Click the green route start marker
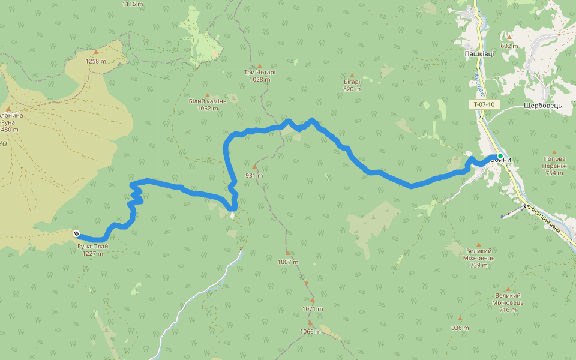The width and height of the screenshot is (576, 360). click(x=500, y=156)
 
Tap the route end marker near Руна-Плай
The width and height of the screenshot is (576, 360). click(x=76, y=233)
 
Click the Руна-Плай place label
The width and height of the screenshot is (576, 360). click(x=93, y=246)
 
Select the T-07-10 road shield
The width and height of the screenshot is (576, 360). click(x=484, y=104)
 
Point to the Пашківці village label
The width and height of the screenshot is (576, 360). click(x=479, y=54)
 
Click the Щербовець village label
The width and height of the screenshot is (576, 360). click(x=542, y=105)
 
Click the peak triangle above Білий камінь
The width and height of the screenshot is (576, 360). click(x=208, y=95)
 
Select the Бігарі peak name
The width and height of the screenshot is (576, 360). click(x=352, y=82)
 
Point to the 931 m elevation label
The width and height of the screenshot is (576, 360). click(x=254, y=176)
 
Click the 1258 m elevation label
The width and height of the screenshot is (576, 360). click(x=95, y=61)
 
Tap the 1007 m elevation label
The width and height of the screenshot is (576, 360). click(x=288, y=262)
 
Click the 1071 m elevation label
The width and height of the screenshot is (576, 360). click(x=313, y=309)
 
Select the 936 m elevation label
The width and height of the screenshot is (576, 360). click(x=460, y=328)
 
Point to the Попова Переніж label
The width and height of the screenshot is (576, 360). click(x=554, y=161)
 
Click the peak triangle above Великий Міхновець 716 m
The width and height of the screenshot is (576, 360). click(x=508, y=289)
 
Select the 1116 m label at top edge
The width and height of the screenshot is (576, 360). click(x=133, y=4)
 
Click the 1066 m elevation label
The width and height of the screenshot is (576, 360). click(x=310, y=331)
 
